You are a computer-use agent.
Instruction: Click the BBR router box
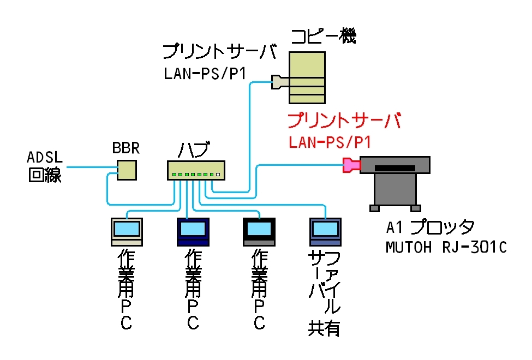point(127,170)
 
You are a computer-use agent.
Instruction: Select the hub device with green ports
point(196,171)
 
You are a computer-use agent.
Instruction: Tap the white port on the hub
point(218,175)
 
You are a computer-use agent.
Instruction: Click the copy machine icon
point(307,77)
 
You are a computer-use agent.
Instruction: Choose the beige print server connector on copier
point(279,82)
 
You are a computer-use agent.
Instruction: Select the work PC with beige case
point(127,231)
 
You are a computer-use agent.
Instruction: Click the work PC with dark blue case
point(193,231)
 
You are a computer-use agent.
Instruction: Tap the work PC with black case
point(259,231)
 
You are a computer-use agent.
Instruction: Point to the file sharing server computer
point(325,231)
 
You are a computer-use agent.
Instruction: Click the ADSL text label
point(45,158)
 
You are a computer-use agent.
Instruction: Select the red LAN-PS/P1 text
point(330,143)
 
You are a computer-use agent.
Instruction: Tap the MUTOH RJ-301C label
point(446,247)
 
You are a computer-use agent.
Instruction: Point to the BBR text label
point(127,148)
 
